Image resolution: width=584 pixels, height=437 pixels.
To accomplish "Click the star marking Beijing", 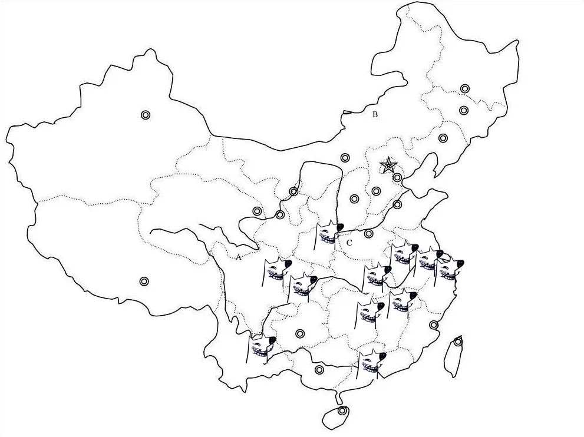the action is click(388, 165).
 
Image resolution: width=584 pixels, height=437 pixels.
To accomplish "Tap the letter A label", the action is click(238, 257).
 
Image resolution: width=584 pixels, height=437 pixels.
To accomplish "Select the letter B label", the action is click(375, 114).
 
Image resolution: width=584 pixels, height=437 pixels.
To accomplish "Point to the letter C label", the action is click(349, 242).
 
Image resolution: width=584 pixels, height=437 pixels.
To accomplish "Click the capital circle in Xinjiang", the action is click(146, 115).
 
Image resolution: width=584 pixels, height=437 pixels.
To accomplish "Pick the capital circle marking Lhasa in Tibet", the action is click(144, 281).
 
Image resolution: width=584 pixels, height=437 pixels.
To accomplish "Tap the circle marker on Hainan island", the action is click(342, 410).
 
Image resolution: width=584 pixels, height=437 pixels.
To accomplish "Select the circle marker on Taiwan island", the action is click(458, 342).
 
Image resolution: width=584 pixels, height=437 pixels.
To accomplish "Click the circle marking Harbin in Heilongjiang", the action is click(465, 89).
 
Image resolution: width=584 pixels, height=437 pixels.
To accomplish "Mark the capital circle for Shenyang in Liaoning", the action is click(443, 138).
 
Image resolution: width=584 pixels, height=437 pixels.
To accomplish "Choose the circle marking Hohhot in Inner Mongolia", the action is click(345, 157).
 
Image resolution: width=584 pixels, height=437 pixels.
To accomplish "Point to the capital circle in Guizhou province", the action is click(300, 334).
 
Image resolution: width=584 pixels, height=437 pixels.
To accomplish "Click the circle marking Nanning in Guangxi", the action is click(319, 370).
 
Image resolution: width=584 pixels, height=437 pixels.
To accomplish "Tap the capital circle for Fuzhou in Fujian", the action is click(434, 325).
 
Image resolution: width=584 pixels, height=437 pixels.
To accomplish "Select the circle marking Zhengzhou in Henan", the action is click(369, 234).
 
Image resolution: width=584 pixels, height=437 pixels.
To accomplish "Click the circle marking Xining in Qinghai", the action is click(257, 211).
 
